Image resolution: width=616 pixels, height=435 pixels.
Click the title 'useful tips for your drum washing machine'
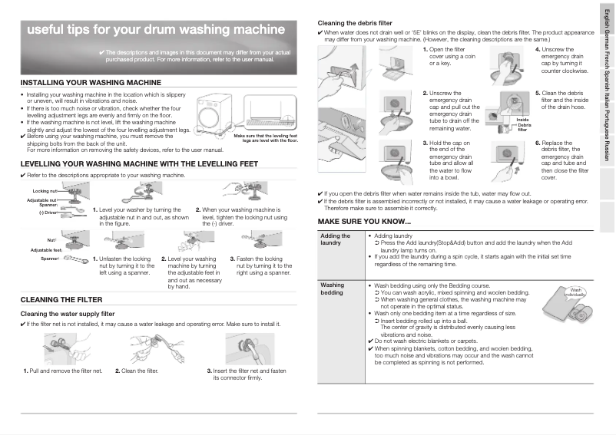tap(145, 31)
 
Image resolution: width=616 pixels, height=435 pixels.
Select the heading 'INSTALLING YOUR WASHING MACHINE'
tap(91, 82)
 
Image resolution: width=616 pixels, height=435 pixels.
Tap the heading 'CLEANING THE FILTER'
tap(61, 299)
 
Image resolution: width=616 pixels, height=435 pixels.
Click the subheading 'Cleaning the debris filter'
tap(356, 23)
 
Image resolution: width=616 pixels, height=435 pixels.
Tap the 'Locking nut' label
tap(45, 190)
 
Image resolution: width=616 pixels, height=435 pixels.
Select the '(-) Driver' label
tap(48, 213)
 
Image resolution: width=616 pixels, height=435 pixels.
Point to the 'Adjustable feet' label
tap(45, 250)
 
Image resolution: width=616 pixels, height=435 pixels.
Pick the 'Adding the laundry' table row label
tap(331, 239)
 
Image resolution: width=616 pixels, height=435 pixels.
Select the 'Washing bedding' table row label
tap(332, 288)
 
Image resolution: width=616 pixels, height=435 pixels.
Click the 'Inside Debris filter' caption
tap(523, 125)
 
